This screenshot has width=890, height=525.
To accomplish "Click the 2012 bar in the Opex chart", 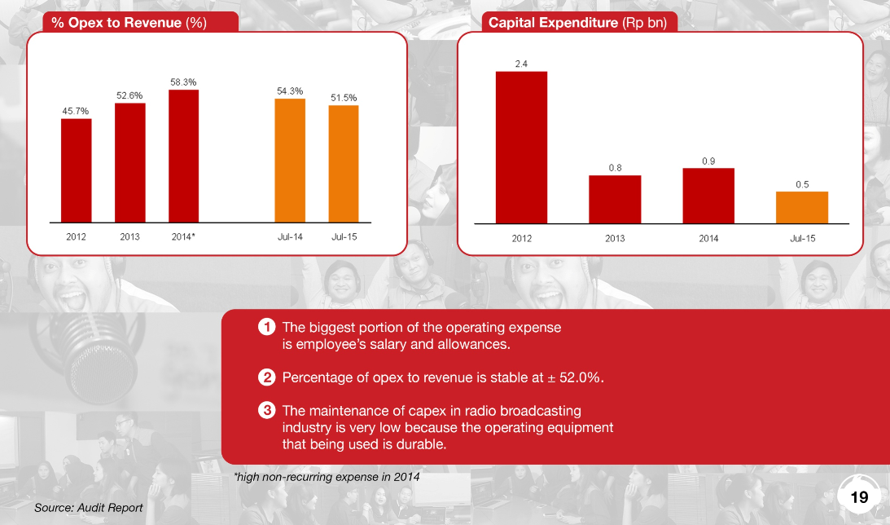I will pyautogui.click(x=76, y=170).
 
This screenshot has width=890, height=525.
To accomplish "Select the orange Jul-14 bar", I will pyautogui.click(x=290, y=160).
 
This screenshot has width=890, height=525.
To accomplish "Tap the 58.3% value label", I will pyautogui.click(x=183, y=82).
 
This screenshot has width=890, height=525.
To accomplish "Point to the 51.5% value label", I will pyautogui.click(x=344, y=98).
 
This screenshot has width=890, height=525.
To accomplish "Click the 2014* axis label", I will pyautogui.click(x=183, y=237).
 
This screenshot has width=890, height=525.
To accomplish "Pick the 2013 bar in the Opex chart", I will pyautogui.click(x=130, y=162).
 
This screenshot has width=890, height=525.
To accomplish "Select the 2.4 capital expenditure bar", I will pyautogui.click(x=522, y=147).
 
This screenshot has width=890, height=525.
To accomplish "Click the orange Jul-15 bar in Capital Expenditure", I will pyautogui.click(x=802, y=207).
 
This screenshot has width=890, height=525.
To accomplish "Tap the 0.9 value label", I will pyautogui.click(x=708, y=161).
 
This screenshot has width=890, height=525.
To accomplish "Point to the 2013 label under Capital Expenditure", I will pyautogui.click(x=615, y=238).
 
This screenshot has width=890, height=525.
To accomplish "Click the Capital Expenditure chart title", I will pyautogui.click(x=577, y=23).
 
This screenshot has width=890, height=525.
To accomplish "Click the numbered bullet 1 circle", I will pyautogui.click(x=265, y=328).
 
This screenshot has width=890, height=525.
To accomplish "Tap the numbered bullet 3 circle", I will pyautogui.click(x=265, y=411).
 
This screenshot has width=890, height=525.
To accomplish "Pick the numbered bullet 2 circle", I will pyautogui.click(x=265, y=377).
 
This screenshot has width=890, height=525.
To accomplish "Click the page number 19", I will pyautogui.click(x=860, y=496).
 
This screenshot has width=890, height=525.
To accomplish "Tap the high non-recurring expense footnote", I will pyautogui.click(x=327, y=476).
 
